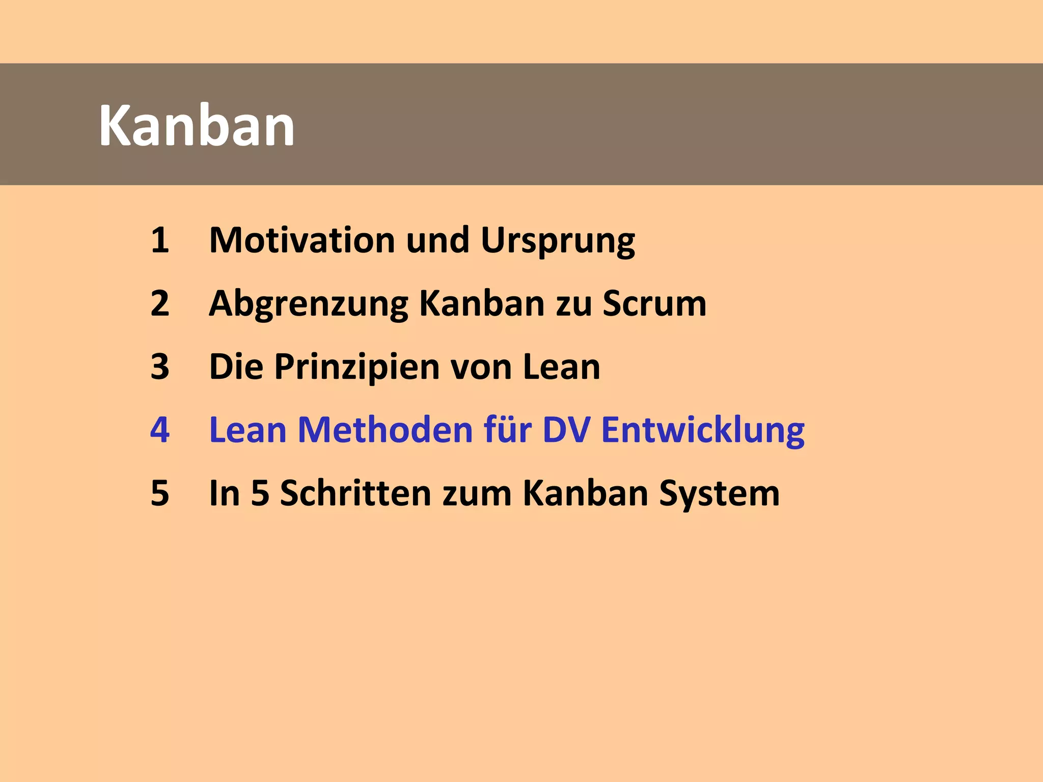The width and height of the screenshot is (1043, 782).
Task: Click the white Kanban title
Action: click(x=197, y=126)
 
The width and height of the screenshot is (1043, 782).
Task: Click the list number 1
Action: click(x=159, y=240)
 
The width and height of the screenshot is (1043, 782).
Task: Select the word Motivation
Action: click(x=302, y=240)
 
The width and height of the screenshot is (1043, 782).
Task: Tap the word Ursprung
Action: click(x=558, y=241)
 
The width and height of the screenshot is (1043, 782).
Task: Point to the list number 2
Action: click(x=159, y=303)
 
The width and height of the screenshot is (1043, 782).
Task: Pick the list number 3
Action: click(x=159, y=367)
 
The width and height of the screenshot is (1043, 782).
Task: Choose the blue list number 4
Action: click(x=159, y=430)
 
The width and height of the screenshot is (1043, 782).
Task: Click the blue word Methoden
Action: click(x=385, y=430)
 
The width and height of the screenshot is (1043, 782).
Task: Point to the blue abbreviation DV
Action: click(x=566, y=430)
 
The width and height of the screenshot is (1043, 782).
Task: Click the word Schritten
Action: click(x=355, y=493)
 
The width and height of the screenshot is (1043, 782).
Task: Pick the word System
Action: click(x=719, y=494)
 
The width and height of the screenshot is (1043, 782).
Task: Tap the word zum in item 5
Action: click(x=477, y=494)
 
